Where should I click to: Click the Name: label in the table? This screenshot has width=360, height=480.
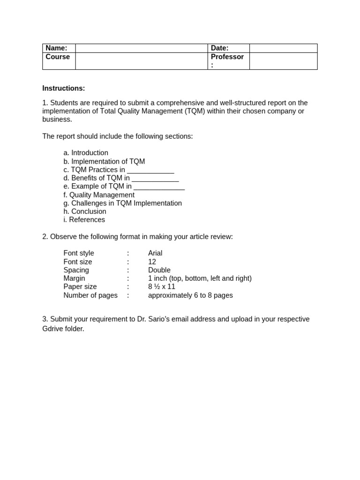(x=56, y=48)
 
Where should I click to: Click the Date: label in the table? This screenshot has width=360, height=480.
(x=219, y=48)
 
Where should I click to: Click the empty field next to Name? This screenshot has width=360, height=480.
(x=141, y=48)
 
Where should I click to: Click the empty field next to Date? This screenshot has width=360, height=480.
(x=283, y=48)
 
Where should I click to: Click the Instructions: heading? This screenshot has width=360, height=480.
(x=64, y=88)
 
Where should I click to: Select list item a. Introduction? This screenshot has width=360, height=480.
(x=86, y=153)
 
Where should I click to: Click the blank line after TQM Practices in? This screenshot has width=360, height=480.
(x=150, y=170)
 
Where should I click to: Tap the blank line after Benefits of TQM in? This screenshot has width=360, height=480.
(x=155, y=179)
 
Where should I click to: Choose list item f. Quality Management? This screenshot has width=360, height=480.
(x=99, y=195)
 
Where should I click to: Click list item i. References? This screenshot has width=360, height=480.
(x=84, y=220)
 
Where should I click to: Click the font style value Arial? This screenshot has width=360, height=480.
(x=155, y=254)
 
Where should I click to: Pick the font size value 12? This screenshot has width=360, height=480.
(x=152, y=262)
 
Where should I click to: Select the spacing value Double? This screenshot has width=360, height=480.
(x=159, y=270)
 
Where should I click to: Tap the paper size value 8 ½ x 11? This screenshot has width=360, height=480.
(x=162, y=287)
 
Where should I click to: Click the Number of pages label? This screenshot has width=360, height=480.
(x=90, y=295)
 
